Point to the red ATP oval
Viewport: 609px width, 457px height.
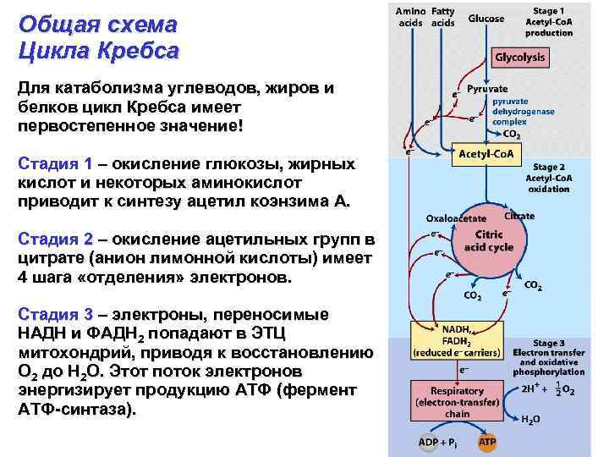pyautogui.click(x=488, y=443)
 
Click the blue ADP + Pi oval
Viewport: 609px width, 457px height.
pyautogui.click(x=437, y=443)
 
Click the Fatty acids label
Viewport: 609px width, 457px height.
pyautogui.click(x=442, y=17)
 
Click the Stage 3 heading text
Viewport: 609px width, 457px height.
pyautogui.click(x=550, y=343)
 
